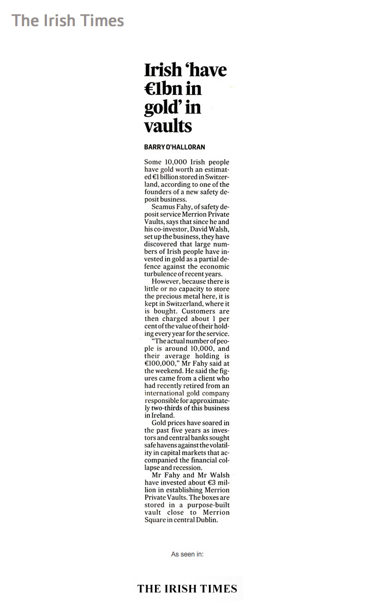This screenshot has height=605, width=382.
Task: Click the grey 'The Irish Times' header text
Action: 68,21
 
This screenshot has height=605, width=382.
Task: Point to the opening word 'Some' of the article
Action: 153,162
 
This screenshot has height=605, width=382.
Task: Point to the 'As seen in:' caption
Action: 187,554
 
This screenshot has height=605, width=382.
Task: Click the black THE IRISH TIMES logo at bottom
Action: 187,588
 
